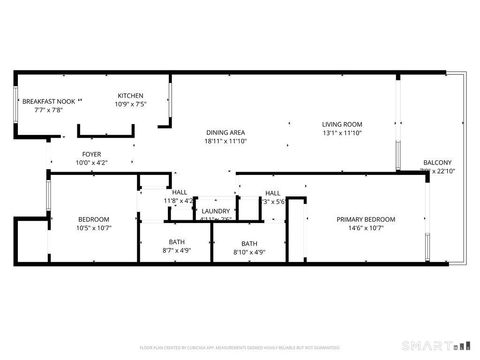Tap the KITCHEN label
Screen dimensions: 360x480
point(131,95)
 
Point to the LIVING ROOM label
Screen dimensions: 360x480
point(341,124)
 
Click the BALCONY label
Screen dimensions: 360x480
point(437,162)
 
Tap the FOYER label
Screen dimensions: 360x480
point(91,154)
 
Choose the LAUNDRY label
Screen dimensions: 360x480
point(216,211)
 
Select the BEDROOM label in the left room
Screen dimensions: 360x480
point(93,219)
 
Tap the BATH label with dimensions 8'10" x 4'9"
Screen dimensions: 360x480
point(249,243)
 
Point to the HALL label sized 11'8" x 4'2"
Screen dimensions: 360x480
point(179,192)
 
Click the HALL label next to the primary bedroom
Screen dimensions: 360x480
point(272,192)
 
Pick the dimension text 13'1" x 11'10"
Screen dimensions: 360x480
point(341,133)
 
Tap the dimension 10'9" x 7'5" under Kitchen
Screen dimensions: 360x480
point(131,104)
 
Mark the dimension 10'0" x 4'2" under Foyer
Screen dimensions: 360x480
point(91,163)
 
